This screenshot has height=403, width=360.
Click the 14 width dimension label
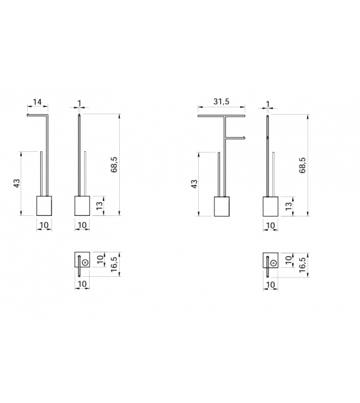tap(38, 102)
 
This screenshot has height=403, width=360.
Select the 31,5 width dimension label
tap(221, 102)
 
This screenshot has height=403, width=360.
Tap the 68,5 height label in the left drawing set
tap(114, 164)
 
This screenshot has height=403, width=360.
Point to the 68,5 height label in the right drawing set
tap(302, 164)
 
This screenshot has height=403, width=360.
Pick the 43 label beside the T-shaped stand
tap(194, 183)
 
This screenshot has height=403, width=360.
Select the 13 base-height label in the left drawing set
tap(98, 206)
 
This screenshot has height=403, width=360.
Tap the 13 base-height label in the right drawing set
tap(288, 206)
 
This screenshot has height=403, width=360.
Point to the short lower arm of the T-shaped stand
tap(234, 137)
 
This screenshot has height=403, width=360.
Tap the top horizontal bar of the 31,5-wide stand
tap(221, 117)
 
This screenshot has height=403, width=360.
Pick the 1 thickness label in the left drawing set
tap(78, 103)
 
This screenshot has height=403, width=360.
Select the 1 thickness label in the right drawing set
tap(267, 103)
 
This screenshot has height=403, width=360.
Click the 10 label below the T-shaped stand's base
tap(221, 225)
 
